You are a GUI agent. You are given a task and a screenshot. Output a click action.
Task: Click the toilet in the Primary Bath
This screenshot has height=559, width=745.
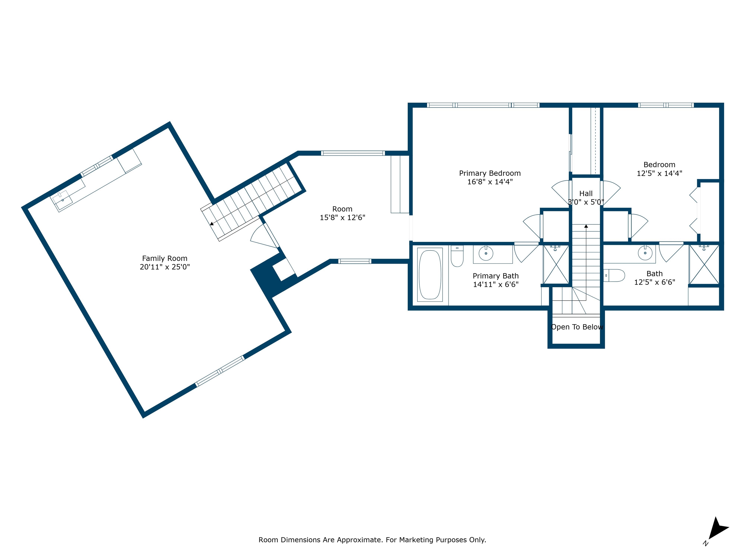pyautogui.click(x=457, y=256)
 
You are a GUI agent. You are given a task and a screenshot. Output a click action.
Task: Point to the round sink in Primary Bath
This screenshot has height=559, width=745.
pyautogui.click(x=486, y=253)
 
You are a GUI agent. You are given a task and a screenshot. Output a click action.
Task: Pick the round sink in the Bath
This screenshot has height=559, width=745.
pyautogui.click(x=645, y=253)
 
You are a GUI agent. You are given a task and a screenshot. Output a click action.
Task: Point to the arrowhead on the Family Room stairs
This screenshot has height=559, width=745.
pyautogui.click(x=211, y=223)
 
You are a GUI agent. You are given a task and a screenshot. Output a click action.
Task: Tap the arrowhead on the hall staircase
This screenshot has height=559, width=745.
pyautogui.click(x=586, y=226)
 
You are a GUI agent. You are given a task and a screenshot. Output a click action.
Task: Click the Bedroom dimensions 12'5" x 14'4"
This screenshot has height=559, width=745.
pyautogui.click(x=659, y=173)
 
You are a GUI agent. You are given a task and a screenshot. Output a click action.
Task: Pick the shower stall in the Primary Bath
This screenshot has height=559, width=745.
pyautogui.click(x=556, y=264)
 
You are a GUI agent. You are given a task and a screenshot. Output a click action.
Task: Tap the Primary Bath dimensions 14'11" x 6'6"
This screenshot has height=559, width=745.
pyautogui.click(x=496, y=284)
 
